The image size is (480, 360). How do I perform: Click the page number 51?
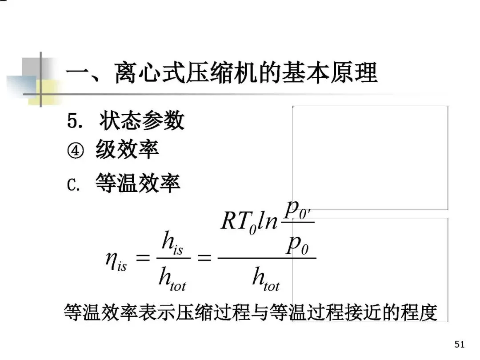click(x=460, y=344)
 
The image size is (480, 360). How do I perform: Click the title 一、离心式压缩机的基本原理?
click(x=221, y=73)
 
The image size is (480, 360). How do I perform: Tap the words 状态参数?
click(x=141, y=121)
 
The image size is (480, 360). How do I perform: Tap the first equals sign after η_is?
click(x=143, y=258)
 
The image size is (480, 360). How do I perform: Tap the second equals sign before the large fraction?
click(x=204, y=258)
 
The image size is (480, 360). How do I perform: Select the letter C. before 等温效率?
click(x=74, y=183)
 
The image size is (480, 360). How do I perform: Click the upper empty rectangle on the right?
click(x=370, y=157)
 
